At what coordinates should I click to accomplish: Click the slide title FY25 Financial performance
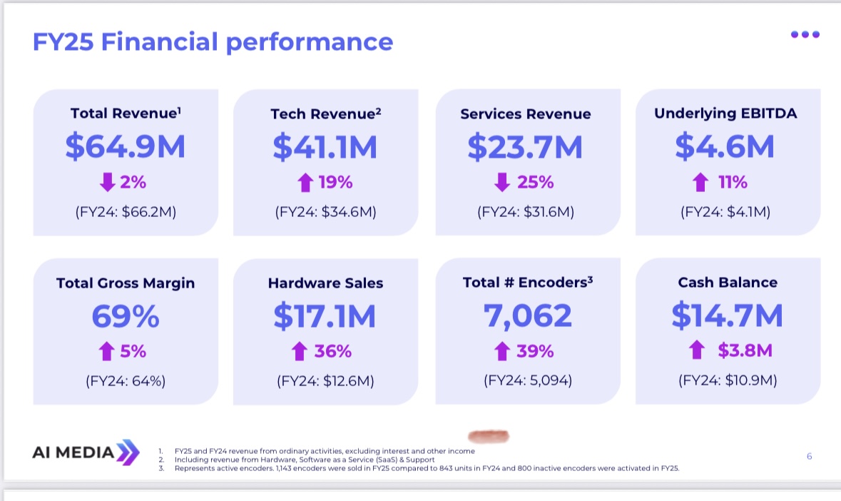click(x=213, y=42)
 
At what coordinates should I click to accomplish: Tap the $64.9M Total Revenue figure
click(x=125, y=146)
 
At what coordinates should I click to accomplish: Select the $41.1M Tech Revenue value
click(x=325, y=146)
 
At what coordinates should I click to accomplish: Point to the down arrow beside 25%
click(x=502, y=182)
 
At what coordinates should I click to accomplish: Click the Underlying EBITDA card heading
click(x=725, y=113)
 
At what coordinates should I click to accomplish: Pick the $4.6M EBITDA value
click(x=725, y=146)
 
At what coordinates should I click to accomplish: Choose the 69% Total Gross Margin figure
click(x=126, y=315)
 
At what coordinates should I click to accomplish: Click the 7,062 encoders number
click(x=527, y=315)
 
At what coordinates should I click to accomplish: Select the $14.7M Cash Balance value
click(x=727, y=315)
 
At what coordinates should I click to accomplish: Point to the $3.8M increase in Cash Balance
click(x=745, y=351)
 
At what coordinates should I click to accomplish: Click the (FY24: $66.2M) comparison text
click(x=125, y=211)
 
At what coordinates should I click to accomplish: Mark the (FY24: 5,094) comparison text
click(x=527, y=380)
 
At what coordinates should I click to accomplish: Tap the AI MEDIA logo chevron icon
click(x=128, y=452)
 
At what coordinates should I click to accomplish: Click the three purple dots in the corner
click(x=805, y=34)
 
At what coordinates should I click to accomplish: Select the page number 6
click(x=809, y=456)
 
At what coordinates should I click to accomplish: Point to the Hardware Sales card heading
click(x=325, y=283)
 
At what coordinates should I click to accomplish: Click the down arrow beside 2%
click(x=107, y=182)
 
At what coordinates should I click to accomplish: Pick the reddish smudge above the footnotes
click(x=487, y=435)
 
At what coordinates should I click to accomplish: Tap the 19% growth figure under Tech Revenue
click(x=335, y=182)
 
